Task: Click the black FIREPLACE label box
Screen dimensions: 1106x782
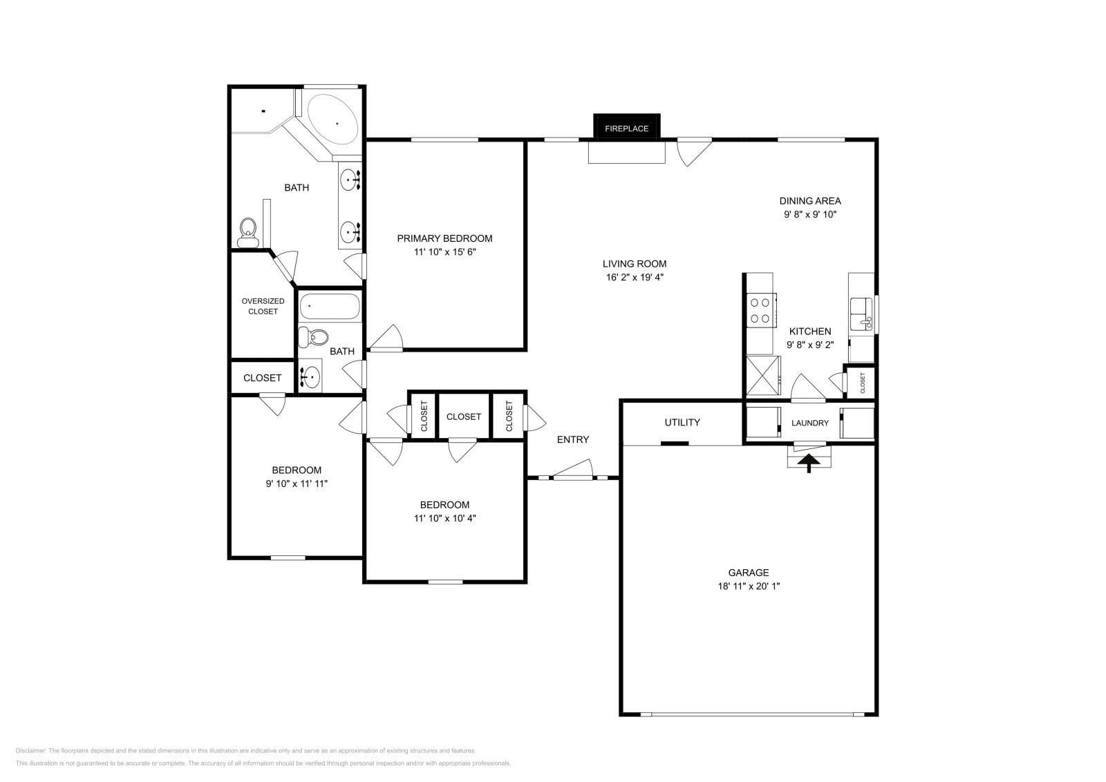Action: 626,127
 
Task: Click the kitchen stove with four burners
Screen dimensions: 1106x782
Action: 761,310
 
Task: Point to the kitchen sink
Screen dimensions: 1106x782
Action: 861,314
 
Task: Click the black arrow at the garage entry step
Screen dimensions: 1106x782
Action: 809,464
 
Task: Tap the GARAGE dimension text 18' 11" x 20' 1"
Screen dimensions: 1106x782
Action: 749,586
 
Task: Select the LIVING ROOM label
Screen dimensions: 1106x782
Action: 635,264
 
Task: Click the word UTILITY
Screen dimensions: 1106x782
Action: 682,422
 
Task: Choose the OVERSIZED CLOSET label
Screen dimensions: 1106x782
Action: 263,306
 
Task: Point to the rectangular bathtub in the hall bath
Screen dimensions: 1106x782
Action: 330,307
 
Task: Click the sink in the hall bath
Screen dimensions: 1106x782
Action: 310,377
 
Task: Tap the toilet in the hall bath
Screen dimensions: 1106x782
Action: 314,338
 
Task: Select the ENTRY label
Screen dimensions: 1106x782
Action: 573,439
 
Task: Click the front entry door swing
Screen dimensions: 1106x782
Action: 573,470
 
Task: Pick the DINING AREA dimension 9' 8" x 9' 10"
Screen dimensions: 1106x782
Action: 810,215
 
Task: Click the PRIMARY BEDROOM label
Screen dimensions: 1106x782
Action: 444,239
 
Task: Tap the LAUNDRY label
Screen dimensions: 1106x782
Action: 809,423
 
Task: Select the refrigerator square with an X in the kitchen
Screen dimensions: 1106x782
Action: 763,376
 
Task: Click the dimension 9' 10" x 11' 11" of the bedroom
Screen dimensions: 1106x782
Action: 297,484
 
